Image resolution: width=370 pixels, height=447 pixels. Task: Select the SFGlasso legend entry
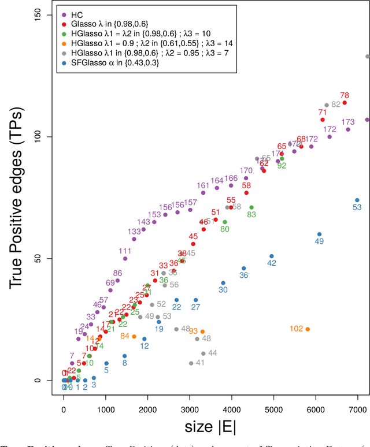click(x=110, y=62)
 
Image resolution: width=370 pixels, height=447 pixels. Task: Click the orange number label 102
click(x=297, y=329)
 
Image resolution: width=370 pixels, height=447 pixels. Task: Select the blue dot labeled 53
click(x=357, y=200)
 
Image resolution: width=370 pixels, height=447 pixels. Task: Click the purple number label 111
click(x=125, y=251)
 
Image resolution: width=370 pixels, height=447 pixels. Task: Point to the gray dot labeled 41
click(x=191, y=363)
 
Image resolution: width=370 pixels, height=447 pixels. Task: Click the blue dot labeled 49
click(x=319, y=234)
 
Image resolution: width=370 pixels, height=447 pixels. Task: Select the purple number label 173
click(x=348, y=122)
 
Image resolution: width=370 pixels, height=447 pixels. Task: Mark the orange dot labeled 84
click(x=134, y=336)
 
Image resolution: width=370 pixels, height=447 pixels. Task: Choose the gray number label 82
click(x=336, y=105)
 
